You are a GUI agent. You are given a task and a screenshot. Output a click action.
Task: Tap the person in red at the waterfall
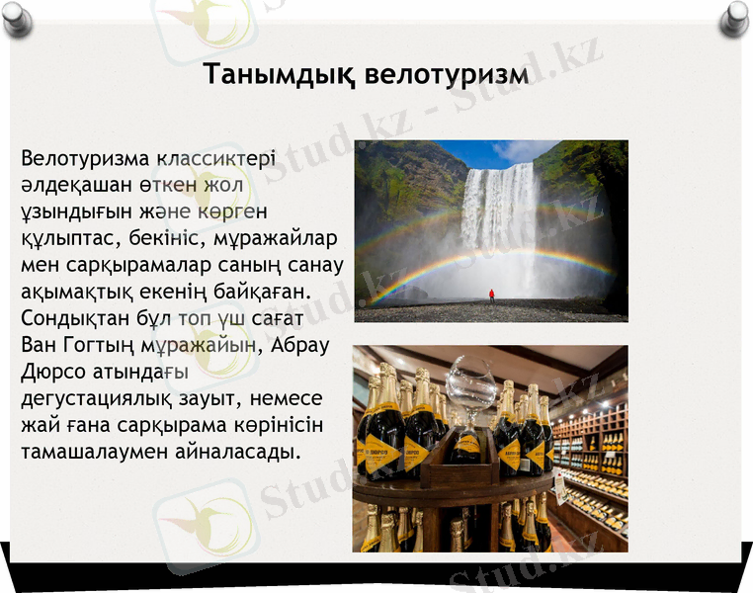point(491,295)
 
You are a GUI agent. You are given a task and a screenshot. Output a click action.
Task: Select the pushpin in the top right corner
point(733,17)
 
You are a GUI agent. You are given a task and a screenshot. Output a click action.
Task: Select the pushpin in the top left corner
point(17,17)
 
